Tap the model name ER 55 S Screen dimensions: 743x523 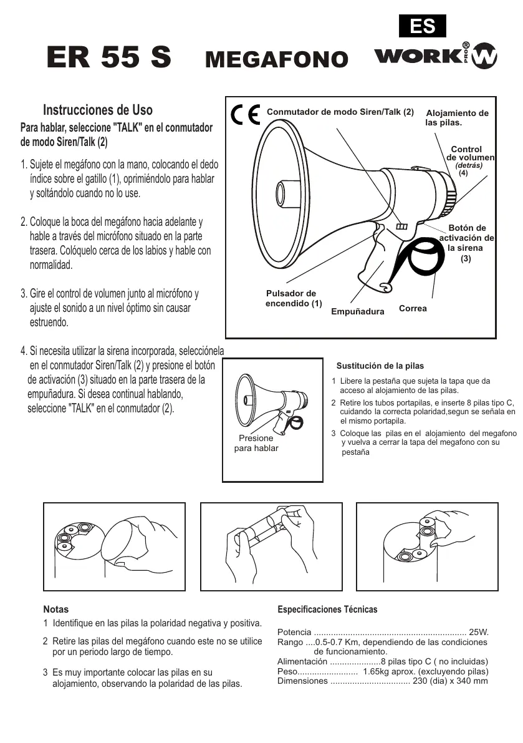tap(109, 57)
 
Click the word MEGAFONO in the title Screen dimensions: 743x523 tap(276, 59)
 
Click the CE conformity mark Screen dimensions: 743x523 tap(245, 115)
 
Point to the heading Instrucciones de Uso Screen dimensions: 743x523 tap(98, 110)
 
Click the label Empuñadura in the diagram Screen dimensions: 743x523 tap(357, 311)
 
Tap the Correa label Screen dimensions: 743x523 tap(413, 309)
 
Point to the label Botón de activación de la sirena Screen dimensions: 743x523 tap(467, 243)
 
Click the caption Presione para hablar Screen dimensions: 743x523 tap(256, 443)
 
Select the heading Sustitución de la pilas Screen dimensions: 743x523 tap(380, 366)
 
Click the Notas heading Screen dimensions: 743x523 tap(56, 609)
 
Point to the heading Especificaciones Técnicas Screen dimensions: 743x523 tap(327, 609)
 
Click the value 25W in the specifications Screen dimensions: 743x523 tap(479, 632)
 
